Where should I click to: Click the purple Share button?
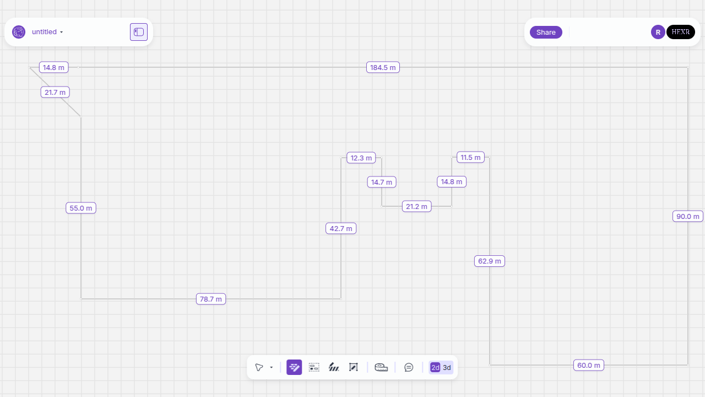tap(546, 32)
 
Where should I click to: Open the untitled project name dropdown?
tap(47, 32)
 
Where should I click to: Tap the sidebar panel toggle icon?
tap(139, 32)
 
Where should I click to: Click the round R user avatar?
tap(658, 32)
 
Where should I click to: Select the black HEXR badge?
tap(681, 32)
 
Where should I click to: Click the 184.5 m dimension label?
tap(383, 67)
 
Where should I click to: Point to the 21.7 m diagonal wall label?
tap(55, 92)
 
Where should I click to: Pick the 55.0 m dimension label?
tap(81, 208)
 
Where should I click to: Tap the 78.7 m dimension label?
tap(211, 299)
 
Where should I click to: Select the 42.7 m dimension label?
tap(341, 228)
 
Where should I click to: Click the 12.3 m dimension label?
tap(361, 158)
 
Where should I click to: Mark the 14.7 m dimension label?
tap(382, 182)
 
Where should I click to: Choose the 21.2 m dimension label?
tap(416, 206)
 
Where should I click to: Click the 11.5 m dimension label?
tap(470, 157)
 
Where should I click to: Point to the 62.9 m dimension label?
tap(490, 261)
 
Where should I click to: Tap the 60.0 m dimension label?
tap(589, 365)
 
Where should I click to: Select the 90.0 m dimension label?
tap(688, 216)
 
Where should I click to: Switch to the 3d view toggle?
tap(447, 367)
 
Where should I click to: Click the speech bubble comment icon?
tap(409, 367)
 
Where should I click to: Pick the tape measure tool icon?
tap(381, 367)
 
